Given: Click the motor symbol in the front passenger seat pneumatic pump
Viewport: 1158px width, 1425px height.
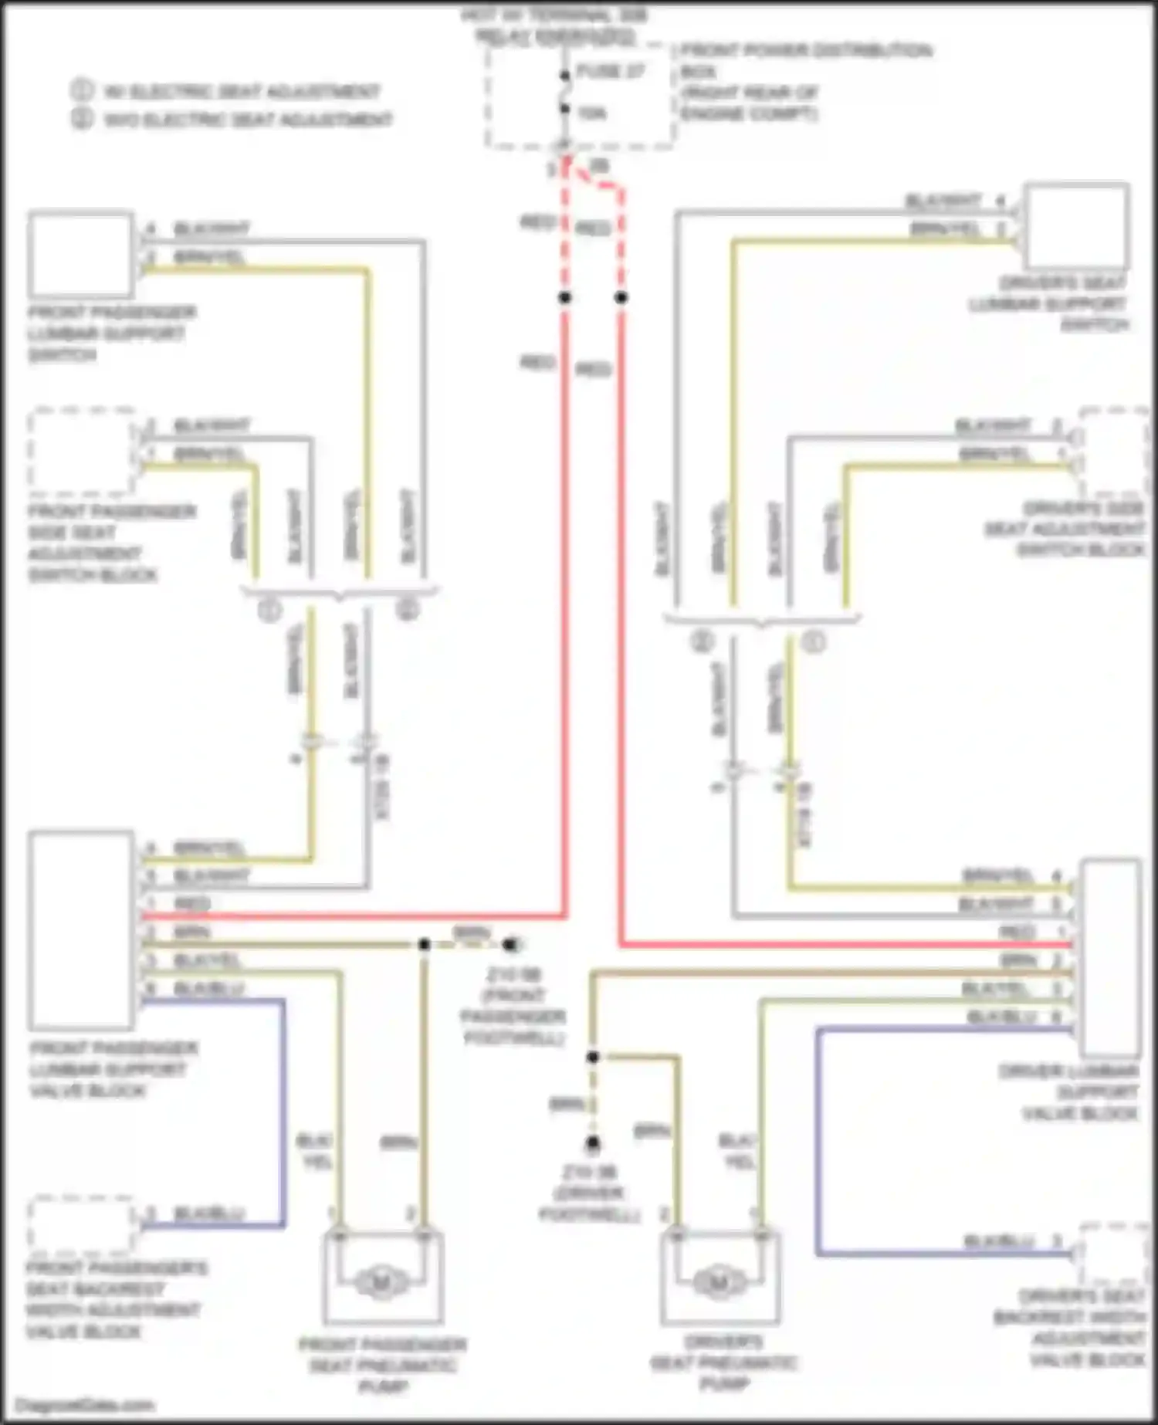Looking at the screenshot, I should point(381,1282).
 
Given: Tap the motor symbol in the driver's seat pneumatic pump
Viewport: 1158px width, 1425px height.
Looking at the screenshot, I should point(719,1282).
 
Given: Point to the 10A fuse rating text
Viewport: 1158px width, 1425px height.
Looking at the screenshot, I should point(592,113).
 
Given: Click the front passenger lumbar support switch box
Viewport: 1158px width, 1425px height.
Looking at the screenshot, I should point(80,255).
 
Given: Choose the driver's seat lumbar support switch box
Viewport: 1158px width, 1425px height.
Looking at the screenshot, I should point(1076,225).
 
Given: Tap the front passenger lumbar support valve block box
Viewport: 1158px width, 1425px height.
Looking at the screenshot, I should point(80,929).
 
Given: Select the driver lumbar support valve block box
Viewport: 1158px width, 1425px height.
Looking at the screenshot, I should point(1111,957).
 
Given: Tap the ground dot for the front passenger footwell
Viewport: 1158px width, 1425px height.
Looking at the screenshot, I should point(510,944).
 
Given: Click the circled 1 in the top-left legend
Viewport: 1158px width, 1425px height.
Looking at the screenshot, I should point(82,91).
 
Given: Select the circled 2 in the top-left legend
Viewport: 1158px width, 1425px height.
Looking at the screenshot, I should point(82,119).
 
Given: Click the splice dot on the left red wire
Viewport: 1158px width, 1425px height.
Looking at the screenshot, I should point(565,297).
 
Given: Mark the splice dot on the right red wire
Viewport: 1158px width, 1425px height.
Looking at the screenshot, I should point(621,297).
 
